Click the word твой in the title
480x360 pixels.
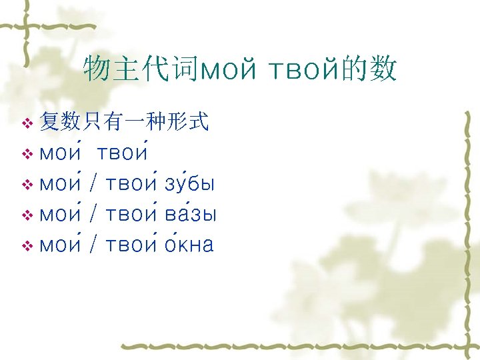303,69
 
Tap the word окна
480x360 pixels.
189,245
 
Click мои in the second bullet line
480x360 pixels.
61,153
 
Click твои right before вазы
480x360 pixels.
131,215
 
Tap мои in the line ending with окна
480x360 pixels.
61,245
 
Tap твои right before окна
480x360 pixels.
131,245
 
